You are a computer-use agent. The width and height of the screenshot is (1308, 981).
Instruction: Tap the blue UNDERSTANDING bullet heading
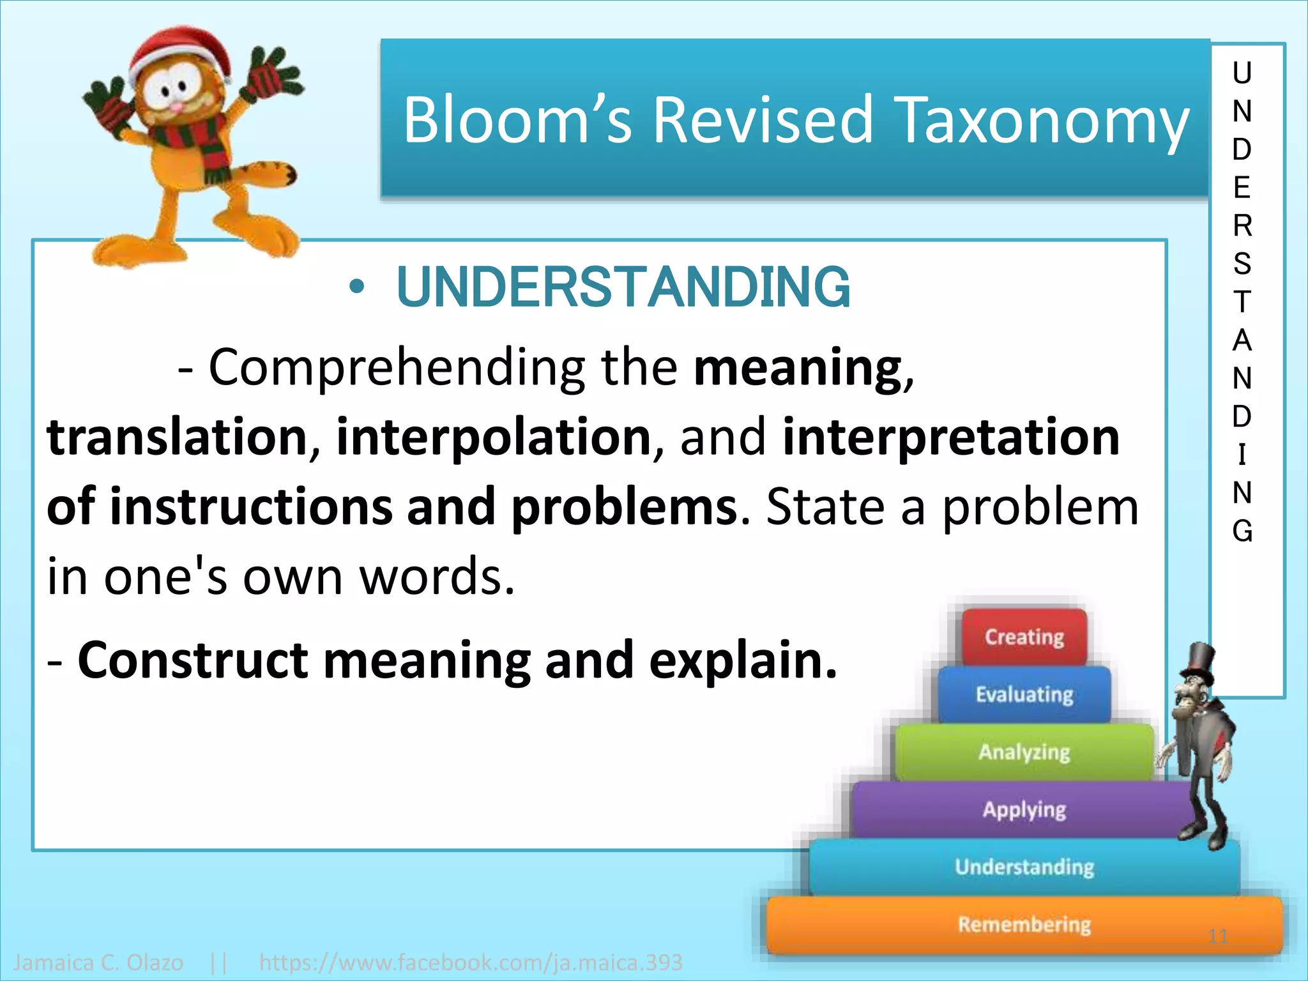click(623, 287)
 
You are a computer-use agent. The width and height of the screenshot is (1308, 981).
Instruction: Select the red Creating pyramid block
click(1024, 637)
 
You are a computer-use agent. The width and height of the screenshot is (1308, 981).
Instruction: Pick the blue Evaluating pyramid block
click(1024, 694)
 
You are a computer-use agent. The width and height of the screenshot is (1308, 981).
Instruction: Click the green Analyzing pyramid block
click(1024, 752)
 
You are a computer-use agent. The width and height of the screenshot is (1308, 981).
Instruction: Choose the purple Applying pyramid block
click(1024, 810)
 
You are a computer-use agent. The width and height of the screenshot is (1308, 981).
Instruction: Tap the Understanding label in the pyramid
click(1024, 867)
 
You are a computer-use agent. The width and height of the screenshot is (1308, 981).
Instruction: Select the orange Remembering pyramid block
click(1024, 924)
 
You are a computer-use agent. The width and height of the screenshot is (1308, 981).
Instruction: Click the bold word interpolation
click(493, 437)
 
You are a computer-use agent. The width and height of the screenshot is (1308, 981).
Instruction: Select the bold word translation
click(178, 437)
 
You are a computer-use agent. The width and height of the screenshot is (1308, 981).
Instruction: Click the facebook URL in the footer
click(471, 962)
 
